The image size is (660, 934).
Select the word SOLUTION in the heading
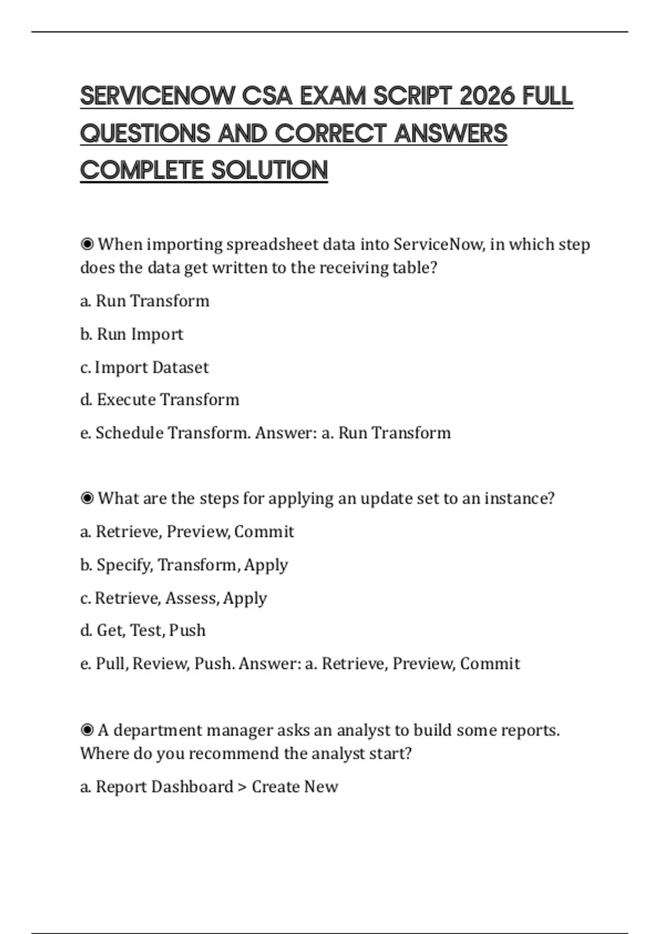click(x=269, y=170)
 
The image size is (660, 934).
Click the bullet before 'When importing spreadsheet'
click(x=87, y=244)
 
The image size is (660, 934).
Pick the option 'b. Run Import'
click(x=132, y=334)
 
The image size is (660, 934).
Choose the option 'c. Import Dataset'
click(x=144, y=367)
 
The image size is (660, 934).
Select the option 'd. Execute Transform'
click(x=159, y=399)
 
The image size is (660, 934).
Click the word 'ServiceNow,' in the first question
click(x=439, y=244)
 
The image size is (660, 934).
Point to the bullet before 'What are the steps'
click(x=87, y=498)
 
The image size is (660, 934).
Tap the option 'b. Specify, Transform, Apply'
click(x=184, y=565)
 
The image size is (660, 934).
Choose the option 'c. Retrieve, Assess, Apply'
click(x=174, y=598)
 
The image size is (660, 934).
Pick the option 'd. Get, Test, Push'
click(x=143, y=630)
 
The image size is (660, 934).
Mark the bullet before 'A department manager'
click(x=87, y=730)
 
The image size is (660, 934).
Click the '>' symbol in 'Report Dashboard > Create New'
click(x=243, y=787)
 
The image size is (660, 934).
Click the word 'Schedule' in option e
click(x=129, y=433)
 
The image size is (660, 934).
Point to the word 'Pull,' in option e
click(x=112, y=664)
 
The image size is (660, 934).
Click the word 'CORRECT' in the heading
click(x=329, y=134)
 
